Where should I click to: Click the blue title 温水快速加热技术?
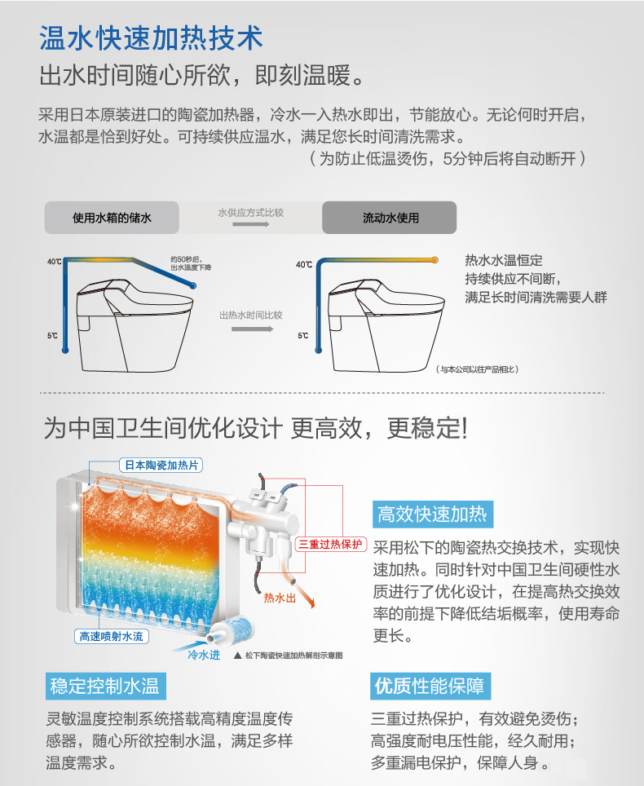click(151, 38)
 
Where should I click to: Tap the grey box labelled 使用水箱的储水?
click(112, 218)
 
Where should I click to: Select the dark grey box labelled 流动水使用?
click(390, 218)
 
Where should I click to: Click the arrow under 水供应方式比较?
click(250, 224)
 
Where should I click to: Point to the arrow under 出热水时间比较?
click(252, 329)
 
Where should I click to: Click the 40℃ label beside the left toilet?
click(54, 262)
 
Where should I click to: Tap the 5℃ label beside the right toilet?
click(302, 335)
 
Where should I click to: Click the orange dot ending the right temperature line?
click(435, 259)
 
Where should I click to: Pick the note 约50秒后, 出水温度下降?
click(191, 263)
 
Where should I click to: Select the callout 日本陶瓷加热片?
click(161, 466)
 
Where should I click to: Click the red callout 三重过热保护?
click(331, 545)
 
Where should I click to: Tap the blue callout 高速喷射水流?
click(111, 637)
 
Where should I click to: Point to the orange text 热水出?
click(280, 598)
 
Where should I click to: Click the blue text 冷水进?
click(204, 655)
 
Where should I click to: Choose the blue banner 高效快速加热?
click(433, 514)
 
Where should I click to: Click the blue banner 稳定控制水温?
click(105, 686)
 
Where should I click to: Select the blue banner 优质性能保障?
click(430, 686)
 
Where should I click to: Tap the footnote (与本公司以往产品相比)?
click(477, 369)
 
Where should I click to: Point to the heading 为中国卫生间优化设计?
click(163, 429)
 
